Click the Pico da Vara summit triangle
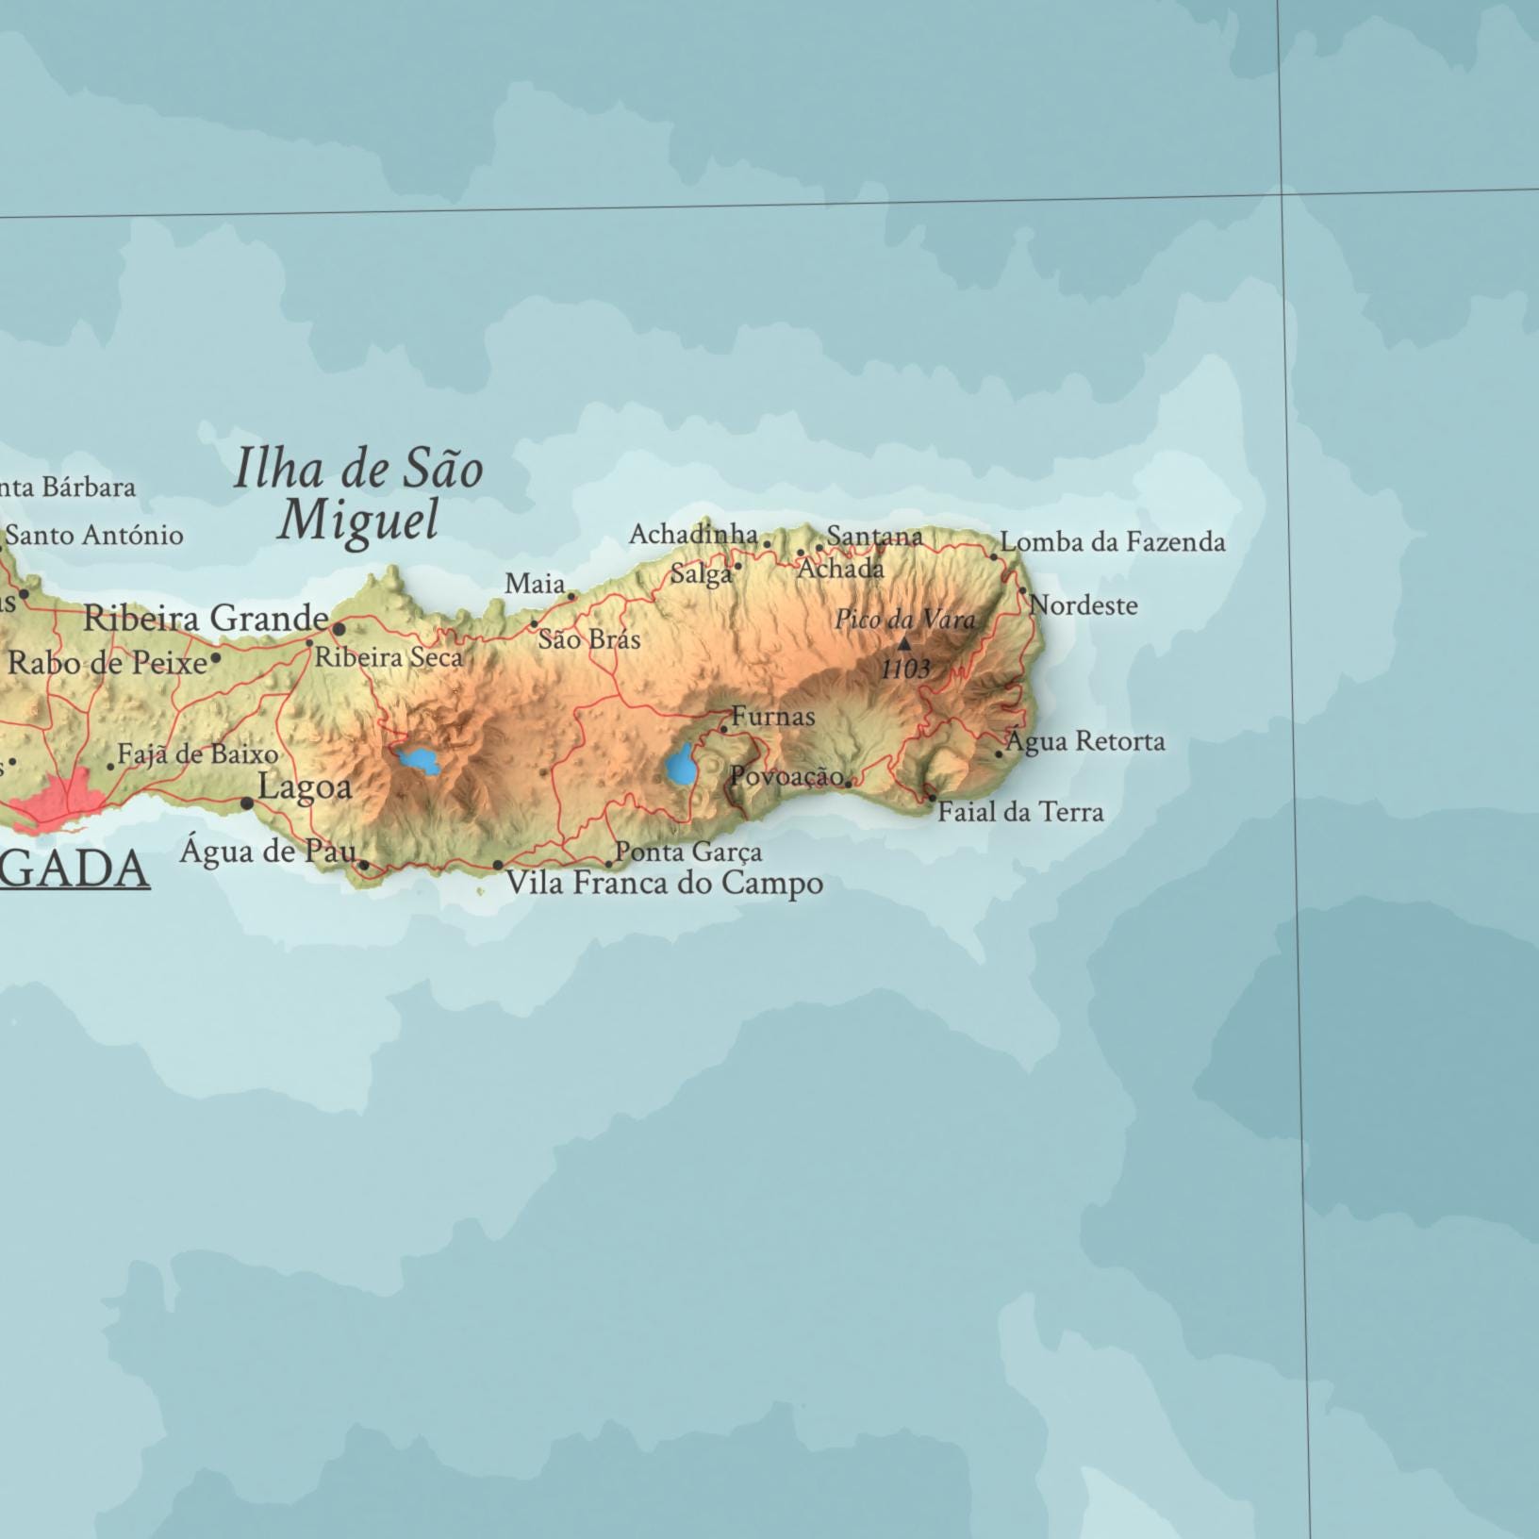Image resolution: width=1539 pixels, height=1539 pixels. pos(903,644)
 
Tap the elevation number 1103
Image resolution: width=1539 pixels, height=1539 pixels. pos(905,670)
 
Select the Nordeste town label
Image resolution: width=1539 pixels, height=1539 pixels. pos(1084,605)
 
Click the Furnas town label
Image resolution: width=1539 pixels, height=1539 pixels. pos(772,717)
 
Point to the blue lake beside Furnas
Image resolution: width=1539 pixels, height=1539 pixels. pos(679,766)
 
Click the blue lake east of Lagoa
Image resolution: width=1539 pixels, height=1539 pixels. pos(419,759)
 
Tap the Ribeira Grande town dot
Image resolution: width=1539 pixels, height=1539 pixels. pos(339,628)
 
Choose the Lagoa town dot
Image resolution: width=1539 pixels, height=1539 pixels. pos(247,803)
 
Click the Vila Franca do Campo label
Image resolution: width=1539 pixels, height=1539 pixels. pos(664,884)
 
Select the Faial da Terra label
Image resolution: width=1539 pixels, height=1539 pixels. pos(1020,812)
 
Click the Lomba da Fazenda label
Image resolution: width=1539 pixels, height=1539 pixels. pos(1113,542)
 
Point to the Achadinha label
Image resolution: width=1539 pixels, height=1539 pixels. pos(693,535)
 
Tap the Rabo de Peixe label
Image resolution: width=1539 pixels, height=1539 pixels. pos(108,663)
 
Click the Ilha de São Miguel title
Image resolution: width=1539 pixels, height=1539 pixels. pos(358,493)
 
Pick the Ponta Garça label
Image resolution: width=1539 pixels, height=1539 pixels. pos(688,852)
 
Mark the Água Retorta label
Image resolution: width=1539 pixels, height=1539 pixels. pos(1084,741)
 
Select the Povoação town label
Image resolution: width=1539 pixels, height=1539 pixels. pos(786,776)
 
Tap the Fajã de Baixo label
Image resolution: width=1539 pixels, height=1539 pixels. pos(197,754)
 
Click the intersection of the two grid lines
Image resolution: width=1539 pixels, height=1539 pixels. pos(1282,194)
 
